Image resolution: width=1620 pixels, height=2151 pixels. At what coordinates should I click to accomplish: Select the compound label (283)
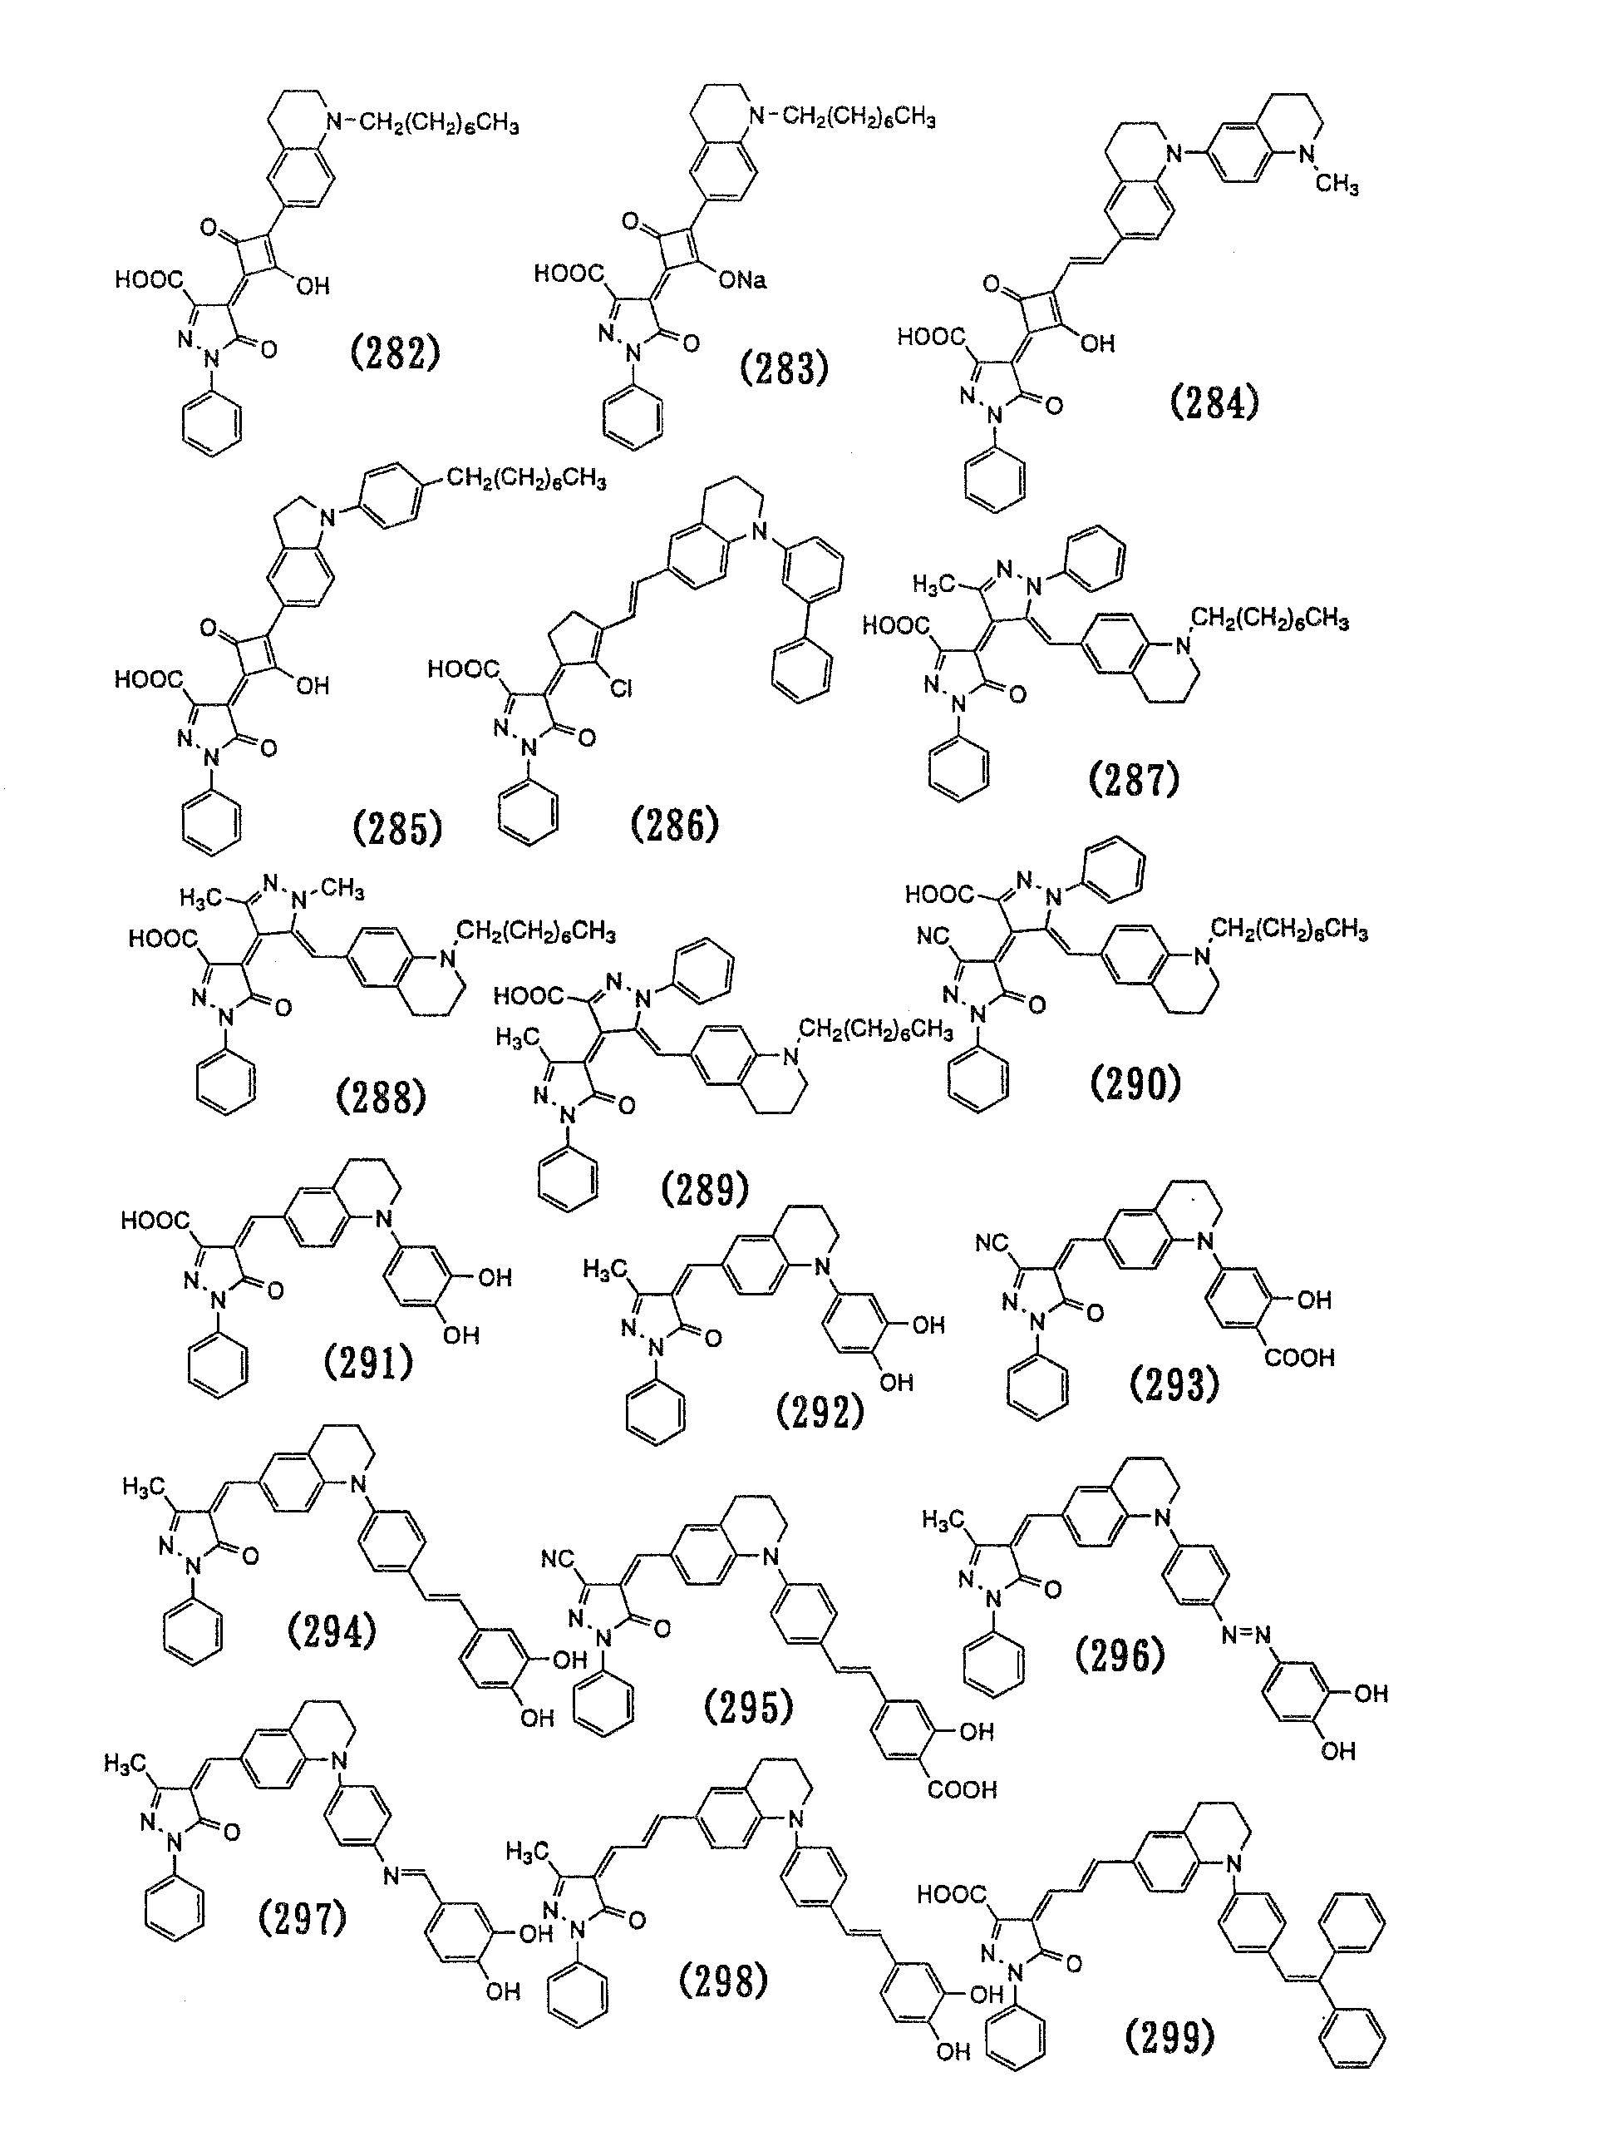[x=784, y=368]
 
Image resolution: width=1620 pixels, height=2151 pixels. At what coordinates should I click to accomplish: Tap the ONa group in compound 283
[x=743, y=281]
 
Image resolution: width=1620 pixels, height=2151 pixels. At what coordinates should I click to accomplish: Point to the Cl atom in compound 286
[x=622, y=688]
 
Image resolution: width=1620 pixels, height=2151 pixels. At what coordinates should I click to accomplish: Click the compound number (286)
[x=675, y=825]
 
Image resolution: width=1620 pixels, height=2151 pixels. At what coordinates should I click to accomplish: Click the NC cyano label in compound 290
[x=933, y=936]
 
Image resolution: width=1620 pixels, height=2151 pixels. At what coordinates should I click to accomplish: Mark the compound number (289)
[x=705, y=1188]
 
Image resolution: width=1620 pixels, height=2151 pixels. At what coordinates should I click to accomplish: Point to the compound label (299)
[x=1169, y=2036]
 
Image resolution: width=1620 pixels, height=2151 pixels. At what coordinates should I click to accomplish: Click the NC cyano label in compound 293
[x=992, y=1244]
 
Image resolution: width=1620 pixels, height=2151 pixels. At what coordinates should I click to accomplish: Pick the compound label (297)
[x=303, y=1917]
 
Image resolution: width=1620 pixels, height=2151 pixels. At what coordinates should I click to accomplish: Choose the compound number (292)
[x=820, y=1411]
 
